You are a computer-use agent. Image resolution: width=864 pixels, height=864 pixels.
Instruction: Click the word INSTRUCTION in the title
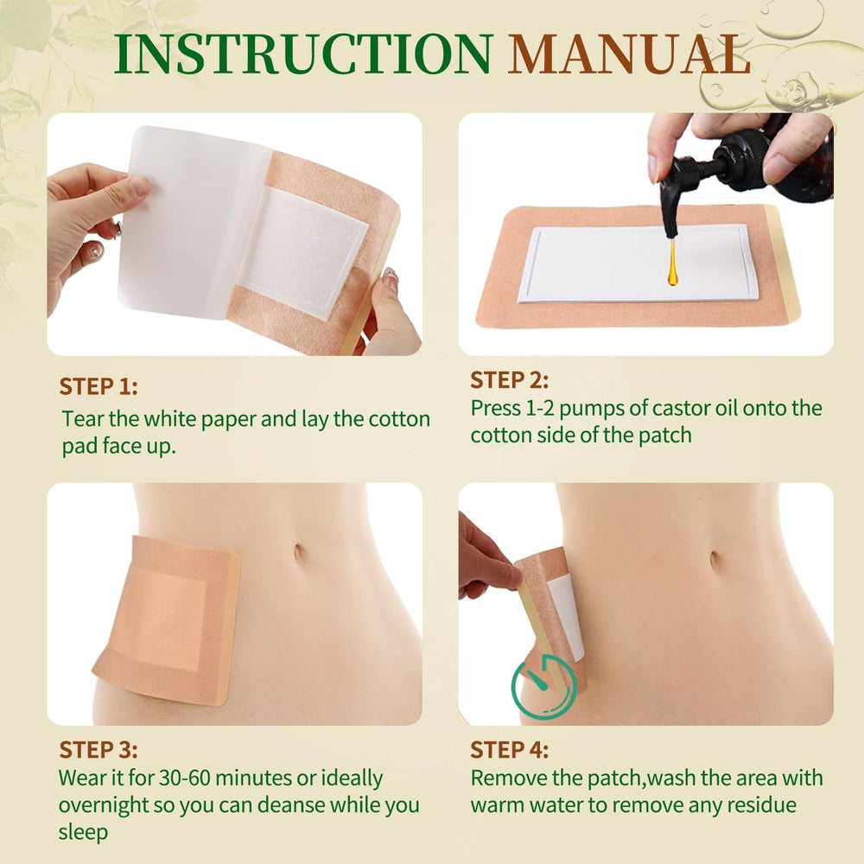(302, 54)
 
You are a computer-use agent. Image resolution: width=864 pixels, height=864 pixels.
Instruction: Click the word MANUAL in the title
(629, 54)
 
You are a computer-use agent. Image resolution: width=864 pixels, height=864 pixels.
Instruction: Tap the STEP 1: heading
(98, 386)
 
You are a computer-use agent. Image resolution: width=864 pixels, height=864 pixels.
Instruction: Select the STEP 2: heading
(509, 380)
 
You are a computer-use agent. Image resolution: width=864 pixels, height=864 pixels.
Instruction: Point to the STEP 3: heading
(98, 750)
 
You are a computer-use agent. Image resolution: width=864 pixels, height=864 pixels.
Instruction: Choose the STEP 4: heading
(509, 750)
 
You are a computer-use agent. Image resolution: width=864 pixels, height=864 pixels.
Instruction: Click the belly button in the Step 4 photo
(715, 559)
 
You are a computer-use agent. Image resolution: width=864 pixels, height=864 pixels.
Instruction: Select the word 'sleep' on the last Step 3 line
(83, 832)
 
